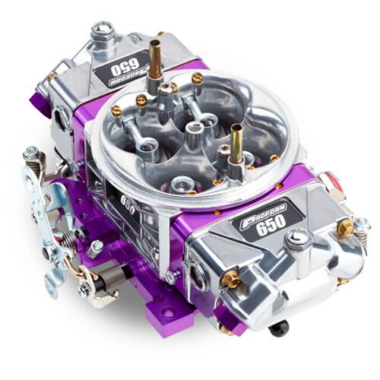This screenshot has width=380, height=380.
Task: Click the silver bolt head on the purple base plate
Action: coord(97,245)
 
